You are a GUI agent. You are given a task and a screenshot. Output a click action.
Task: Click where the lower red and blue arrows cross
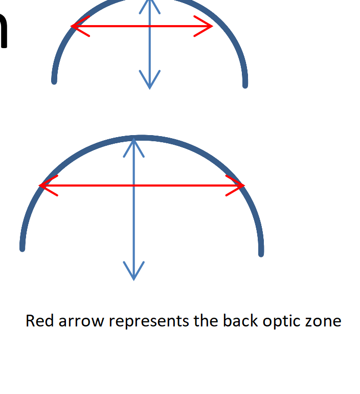(133, 186)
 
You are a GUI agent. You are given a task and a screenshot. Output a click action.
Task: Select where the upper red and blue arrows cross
(149, 26)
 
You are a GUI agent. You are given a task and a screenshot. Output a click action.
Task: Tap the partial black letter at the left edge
(4, 31)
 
